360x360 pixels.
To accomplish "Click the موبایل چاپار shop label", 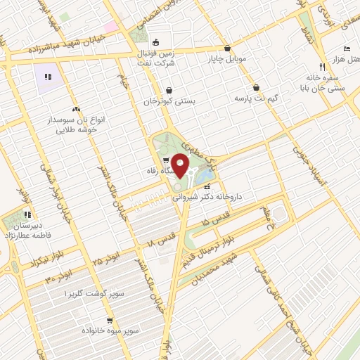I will (226, 59).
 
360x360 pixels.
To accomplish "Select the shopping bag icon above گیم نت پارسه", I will (255, 87).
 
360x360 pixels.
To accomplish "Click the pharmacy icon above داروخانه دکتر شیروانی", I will (207, 187).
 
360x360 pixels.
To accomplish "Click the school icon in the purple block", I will (48, 77).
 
